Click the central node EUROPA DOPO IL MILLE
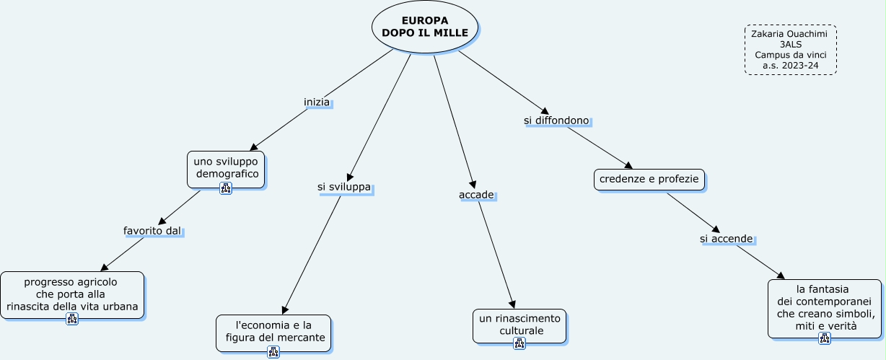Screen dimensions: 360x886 tap(425, 27)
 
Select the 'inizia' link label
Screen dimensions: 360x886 tap(317, 102)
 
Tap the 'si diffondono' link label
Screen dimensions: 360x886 tap(556, 120)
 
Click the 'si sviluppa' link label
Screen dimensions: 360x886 tap(344, 188)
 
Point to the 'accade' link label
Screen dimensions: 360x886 tap(476, 195)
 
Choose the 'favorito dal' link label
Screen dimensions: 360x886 tap(152, 231)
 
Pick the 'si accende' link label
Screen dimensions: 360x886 tap(727, 239)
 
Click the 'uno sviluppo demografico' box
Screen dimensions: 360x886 tap(226, 168)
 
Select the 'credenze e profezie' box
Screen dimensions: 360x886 tap(649, 179)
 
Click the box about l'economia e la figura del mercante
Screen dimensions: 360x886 tap(273, 331)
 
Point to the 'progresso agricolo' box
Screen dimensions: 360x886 tap(71, 294)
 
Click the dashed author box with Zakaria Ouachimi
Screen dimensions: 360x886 tap(790, 49)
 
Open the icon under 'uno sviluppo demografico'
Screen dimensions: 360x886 tap(226, 188)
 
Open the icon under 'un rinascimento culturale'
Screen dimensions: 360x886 tap(519, 343)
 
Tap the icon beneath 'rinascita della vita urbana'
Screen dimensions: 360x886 tap(72, 319)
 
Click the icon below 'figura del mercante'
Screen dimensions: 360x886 tap(273, 352)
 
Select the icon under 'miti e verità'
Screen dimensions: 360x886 tap(825, 338)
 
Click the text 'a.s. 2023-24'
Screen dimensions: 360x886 tap(790, 66)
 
